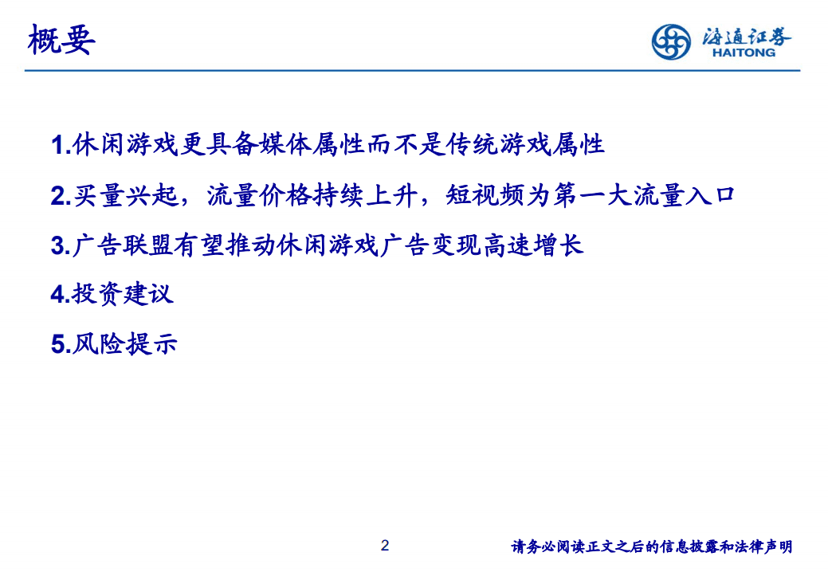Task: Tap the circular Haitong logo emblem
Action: [671, 41]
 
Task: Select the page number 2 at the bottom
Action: [386, 546]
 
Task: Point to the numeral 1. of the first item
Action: [60, 146]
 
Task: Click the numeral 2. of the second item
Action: [60, 196]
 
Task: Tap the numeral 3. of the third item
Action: [60, 245]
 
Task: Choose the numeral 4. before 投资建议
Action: [60, 295]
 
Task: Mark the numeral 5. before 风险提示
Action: [60, 344]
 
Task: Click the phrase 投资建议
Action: [123, 294]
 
